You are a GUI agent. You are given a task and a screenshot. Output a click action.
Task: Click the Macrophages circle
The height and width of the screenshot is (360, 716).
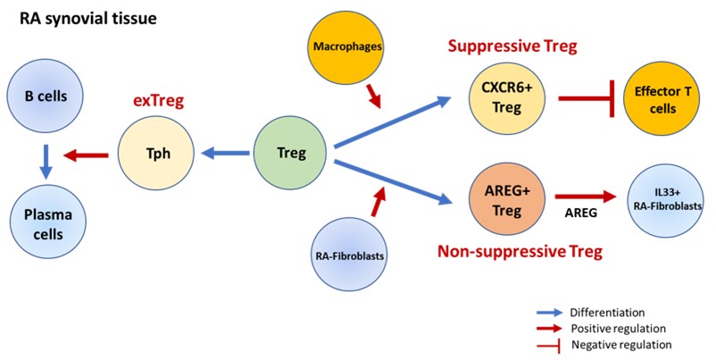click(x=346, y=44)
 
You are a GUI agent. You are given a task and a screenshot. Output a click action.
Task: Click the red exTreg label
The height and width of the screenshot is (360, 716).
click(x=154, y=102)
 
